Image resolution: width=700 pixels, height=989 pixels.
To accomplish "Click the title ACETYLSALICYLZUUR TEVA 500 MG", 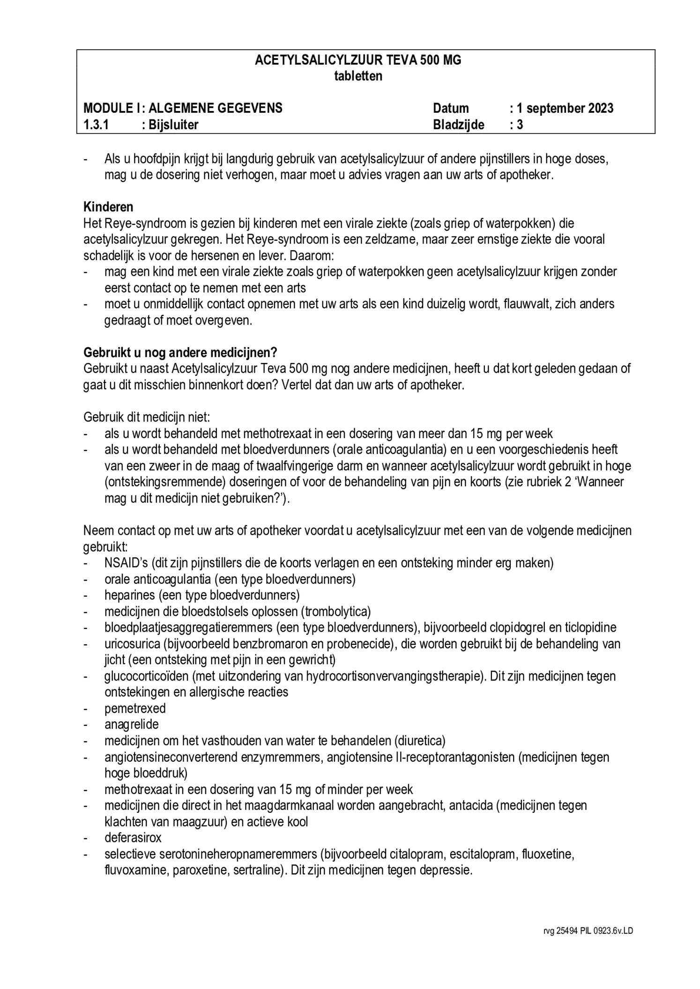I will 358,60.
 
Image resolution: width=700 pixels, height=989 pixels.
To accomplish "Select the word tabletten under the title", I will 358,76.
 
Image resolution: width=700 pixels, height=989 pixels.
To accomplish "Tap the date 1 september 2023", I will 565,108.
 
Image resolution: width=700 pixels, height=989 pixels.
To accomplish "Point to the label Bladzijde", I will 458,125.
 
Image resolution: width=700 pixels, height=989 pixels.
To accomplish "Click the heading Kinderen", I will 108,207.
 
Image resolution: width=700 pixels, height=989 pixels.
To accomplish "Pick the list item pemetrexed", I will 135,708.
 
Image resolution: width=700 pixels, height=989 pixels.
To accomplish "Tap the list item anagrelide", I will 132,724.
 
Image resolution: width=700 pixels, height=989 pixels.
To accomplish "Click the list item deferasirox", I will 133,837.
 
